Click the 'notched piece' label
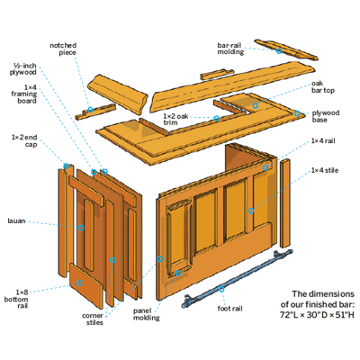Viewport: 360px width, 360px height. coord(63,49)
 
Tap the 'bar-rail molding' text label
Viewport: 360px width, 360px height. coord(230,49)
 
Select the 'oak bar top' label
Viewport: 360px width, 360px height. coord(323,86)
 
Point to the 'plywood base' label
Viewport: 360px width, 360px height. coord(326,116)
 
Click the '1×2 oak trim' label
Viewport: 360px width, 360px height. coord(175,119)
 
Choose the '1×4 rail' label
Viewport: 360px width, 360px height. coord(323,140)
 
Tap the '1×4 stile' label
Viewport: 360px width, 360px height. coord(325,170)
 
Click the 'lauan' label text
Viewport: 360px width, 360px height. coord(16,221)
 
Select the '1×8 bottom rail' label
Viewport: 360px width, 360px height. coord(16,299)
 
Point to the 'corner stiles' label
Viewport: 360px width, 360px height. coord(93,319)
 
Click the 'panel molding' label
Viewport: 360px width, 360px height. coord(147,314)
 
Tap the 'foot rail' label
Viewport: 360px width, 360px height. coord(229,309)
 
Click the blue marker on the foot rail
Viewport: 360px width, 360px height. coord(221,289)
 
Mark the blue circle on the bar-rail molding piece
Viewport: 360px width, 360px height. coord(279,51)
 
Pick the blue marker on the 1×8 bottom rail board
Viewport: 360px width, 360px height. coord(79,283)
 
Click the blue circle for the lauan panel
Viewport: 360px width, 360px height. coord(81,228)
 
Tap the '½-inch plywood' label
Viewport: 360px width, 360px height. coord(23,69)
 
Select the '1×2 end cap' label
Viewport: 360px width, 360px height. coord(24,141)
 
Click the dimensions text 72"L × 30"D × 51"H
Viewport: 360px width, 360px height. coord(317,315)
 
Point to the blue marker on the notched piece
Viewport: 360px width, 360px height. coord(90,110)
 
